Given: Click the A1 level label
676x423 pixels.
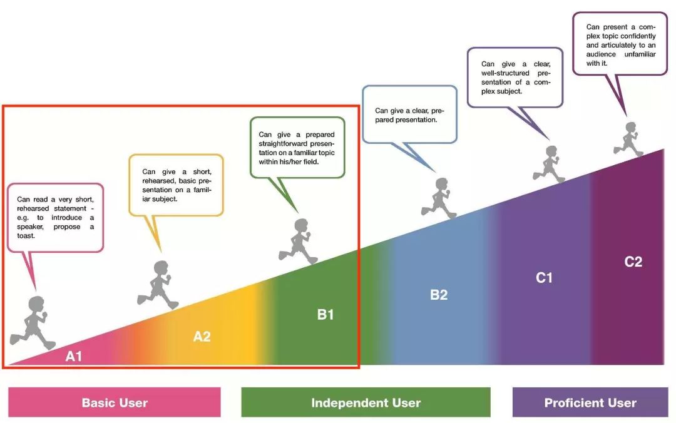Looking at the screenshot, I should tap(74, 357).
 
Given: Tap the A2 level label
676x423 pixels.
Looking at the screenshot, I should tap(202, 336).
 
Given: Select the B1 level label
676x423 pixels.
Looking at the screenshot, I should tap(325, 315).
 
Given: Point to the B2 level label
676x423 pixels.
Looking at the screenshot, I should tap(439, 295).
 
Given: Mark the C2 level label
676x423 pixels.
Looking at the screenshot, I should tap(633, 262).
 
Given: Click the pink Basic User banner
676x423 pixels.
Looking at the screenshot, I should tap(115, 402).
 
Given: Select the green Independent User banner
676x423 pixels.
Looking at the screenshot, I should tap(366, 402).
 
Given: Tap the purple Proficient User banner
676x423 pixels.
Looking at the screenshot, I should tap(590, 402).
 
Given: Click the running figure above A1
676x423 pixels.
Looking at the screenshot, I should tap(33, 323).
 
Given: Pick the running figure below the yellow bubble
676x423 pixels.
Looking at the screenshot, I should tap(159, 285).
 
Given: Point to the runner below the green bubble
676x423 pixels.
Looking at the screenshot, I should tap(299, 241).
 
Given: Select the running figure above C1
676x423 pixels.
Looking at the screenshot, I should tap(549, 164).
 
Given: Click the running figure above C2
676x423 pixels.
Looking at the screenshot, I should tap(629, 139).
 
